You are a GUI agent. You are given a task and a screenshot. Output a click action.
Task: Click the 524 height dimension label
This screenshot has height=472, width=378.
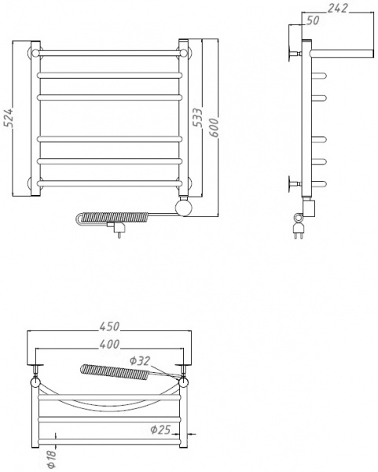click(x=7, y=117)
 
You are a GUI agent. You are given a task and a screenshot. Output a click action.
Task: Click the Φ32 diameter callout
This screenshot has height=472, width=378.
click(x=141, y=362)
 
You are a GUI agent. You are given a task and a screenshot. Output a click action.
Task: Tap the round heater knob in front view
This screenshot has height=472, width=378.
click(x=185, y=207)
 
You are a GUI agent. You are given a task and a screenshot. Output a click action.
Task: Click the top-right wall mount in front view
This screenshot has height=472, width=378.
click(x=183, y=53)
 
